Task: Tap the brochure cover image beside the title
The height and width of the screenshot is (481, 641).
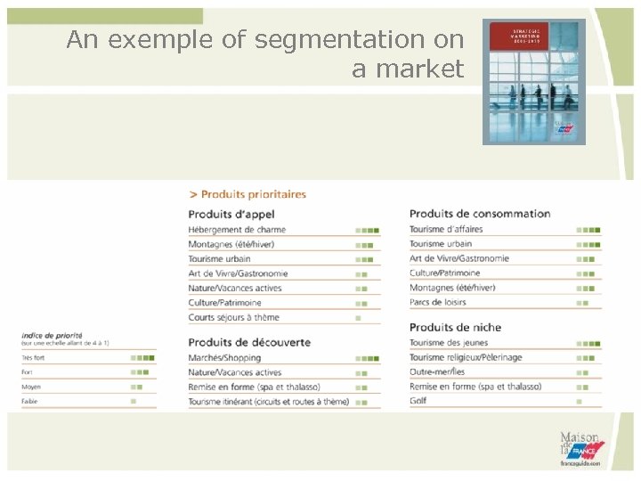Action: point(534,81)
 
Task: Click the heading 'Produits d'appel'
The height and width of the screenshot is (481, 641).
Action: point(231,214)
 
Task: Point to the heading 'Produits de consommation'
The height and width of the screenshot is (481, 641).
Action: point(480,214)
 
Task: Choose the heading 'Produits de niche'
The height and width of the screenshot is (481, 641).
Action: point(455,328)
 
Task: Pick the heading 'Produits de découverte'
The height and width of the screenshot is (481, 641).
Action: point(249,342)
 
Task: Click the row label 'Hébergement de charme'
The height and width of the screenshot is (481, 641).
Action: point(237,230)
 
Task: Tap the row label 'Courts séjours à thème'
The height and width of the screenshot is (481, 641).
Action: point(233,317)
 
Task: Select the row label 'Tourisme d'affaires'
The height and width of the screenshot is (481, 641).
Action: point(446,229)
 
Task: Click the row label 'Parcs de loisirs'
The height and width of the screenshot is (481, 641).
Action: point(439,302)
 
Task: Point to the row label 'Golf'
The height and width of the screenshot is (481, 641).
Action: point(418,401)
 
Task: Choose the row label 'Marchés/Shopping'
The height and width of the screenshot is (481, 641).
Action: point(224,358)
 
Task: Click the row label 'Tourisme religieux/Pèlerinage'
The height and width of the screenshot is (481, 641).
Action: point(466,357)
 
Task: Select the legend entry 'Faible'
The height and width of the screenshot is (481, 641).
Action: point(30,402)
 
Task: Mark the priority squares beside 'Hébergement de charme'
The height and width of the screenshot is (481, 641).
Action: point(367,230)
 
